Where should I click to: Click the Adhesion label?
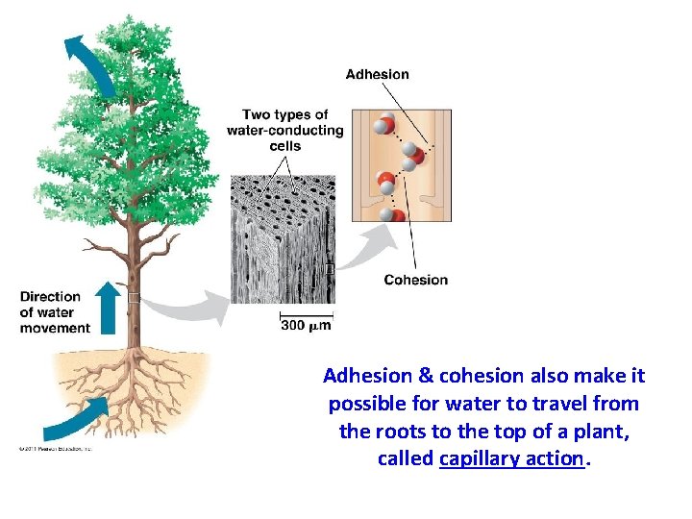pyautogui.click(x=377, y=74)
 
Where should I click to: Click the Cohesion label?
pyautogui.click(x=415, y=280)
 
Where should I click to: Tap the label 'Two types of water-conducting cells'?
pyautogui.click(x=284, y=130)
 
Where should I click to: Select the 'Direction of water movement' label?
pyautogui.click(x=55, y=312)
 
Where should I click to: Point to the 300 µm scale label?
pyautogui.click(x=306, y=326)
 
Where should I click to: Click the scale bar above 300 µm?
pyautogui.click(x=306, y=313)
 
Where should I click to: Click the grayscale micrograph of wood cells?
pyautogui.click(x=283, y=240)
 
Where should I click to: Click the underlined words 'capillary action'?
pyautogui.click(x=510, y=458)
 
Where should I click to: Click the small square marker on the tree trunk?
pyautogui.click(x=134, y=297)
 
